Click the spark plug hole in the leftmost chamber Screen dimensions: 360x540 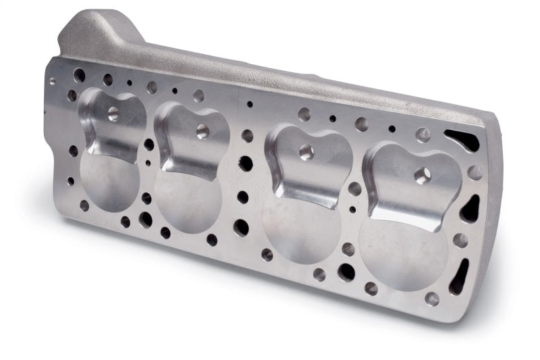[x=113, y=113]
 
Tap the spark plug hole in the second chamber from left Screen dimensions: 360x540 [x=202, y=131]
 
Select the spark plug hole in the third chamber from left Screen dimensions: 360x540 [x=306, y=152]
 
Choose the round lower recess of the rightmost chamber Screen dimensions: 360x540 [x=402, y=250]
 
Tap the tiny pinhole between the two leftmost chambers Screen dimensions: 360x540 [x=148, y=162]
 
